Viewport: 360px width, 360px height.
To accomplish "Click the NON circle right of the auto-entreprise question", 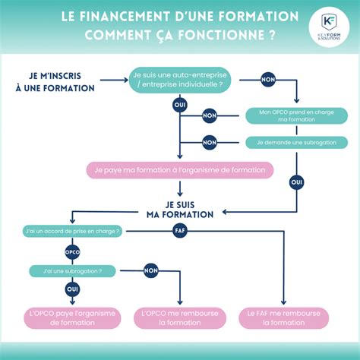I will coord(268,79).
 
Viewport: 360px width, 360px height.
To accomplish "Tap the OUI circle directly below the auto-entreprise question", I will coord(179,105).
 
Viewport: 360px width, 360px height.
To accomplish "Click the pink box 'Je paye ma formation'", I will coord(179,169).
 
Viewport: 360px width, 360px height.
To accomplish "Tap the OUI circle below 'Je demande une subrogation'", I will coord(297,182).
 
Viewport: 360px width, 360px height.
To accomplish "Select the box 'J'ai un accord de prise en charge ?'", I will coord(73,229).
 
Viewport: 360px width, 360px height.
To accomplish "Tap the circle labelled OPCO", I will coord(73,251).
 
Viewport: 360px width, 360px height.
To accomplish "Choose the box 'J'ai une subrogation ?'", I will coord(73,270).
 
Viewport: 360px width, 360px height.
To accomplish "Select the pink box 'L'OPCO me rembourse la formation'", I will coord(181,317).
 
